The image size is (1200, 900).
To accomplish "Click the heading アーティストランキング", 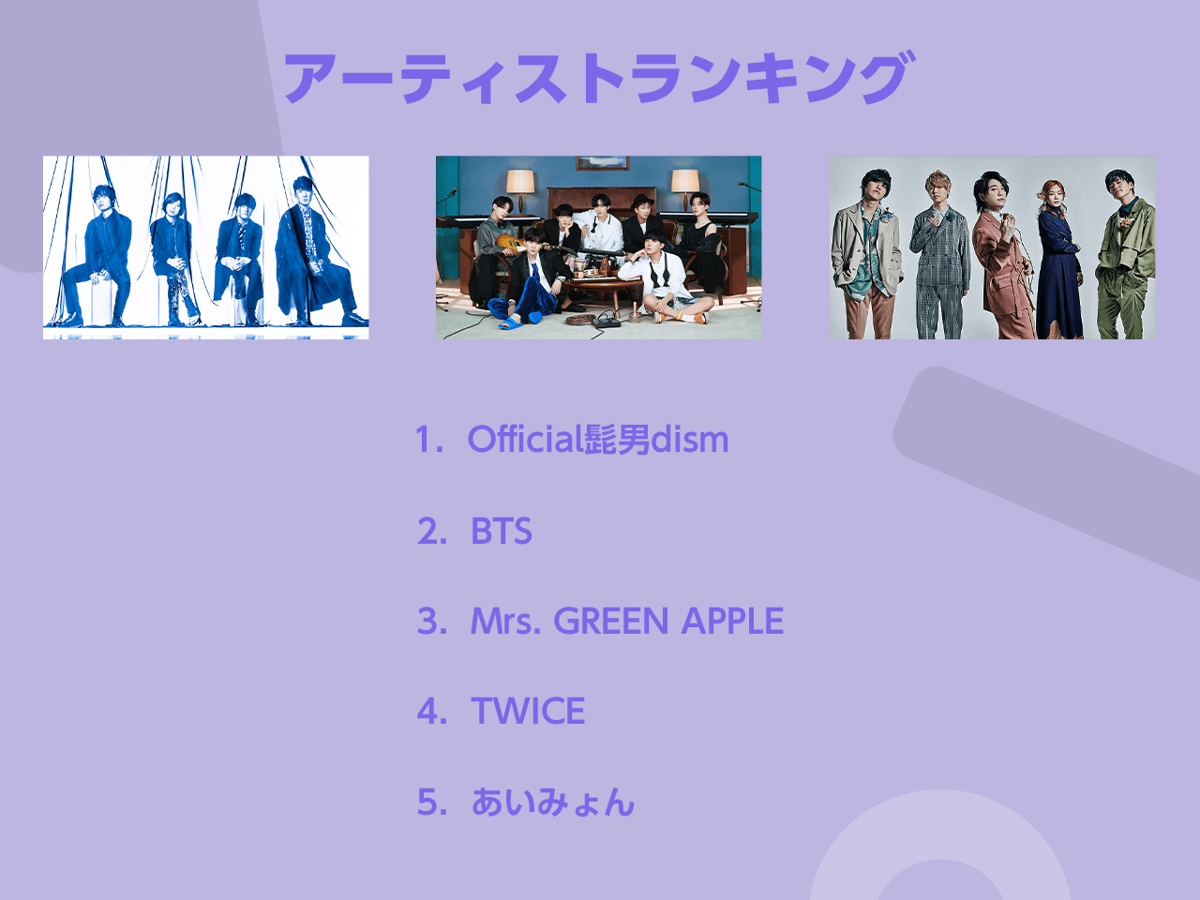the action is [599, 78].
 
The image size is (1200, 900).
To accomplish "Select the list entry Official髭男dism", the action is [598, 440].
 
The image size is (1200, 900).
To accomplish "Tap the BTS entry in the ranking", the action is [502, 531].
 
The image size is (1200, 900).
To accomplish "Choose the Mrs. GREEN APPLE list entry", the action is [627, 621].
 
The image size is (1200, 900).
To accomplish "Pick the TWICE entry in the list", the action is [528, 711].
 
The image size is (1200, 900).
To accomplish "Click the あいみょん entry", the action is [553, 802].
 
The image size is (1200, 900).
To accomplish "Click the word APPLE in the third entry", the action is [732, 621].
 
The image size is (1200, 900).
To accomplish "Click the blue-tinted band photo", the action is [205, 247].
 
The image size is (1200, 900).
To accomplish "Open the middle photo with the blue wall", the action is [599, 247].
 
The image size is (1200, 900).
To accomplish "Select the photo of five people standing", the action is [992, 247].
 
